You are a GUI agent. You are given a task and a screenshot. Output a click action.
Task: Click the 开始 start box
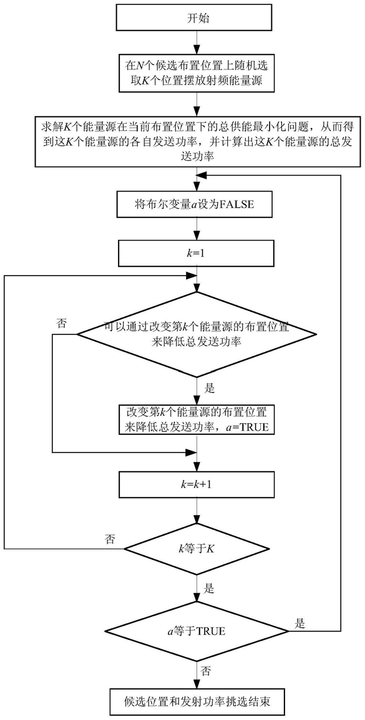[x=197, y=18]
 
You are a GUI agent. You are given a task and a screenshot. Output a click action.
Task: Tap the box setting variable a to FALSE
[x=197, y=205]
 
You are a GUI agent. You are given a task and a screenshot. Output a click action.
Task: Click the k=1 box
[x=197, y=254]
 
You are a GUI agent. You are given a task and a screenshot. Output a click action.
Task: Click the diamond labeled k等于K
[x=197, y=547]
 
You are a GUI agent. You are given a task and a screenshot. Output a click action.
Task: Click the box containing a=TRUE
[x=197, y=419]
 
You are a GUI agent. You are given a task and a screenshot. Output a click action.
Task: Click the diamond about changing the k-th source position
[x=197, y=335]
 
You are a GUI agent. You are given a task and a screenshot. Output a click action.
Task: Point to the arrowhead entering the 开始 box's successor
[x=197, y=51]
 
